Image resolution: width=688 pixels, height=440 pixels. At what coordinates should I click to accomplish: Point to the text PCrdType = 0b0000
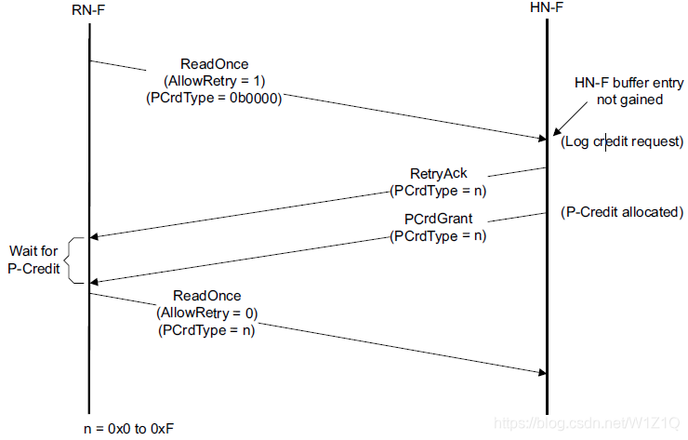pyautogui.click(x=214, y=96)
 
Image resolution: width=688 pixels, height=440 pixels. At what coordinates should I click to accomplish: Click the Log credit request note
pyautogui.click(x=622, y=141)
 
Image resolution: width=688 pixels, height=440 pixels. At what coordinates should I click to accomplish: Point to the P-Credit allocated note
pyautogui.click(x=622, y=212)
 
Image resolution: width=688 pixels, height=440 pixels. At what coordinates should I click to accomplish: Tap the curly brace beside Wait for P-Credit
pyautogui.click(x=79, y=260)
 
